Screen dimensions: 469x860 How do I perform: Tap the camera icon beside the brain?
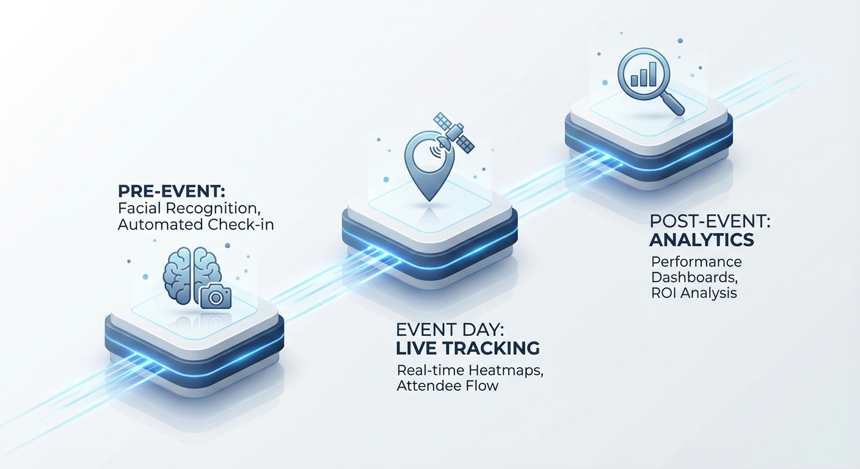[x=216, y=296]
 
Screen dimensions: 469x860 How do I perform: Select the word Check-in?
[x=241, y=225]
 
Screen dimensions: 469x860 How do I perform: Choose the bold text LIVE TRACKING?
[x=468, y=349]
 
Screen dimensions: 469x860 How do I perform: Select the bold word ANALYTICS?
[x=702, y=240]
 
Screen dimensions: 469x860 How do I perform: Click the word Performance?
[x=696, y=262]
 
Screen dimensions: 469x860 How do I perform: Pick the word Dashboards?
[x=694, y=277]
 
